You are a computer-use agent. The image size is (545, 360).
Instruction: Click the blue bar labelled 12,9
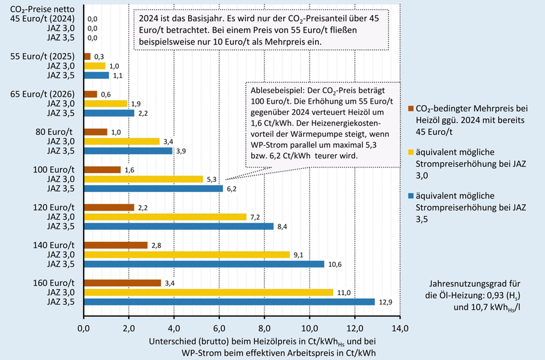229,302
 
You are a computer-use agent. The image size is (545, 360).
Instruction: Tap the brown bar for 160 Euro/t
122,283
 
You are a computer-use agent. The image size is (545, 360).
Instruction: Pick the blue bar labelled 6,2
153,188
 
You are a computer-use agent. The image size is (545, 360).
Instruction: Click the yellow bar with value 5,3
143,179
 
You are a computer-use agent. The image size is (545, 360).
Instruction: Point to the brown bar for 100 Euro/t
101,169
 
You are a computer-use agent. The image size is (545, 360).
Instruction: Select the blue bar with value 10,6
203,264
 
